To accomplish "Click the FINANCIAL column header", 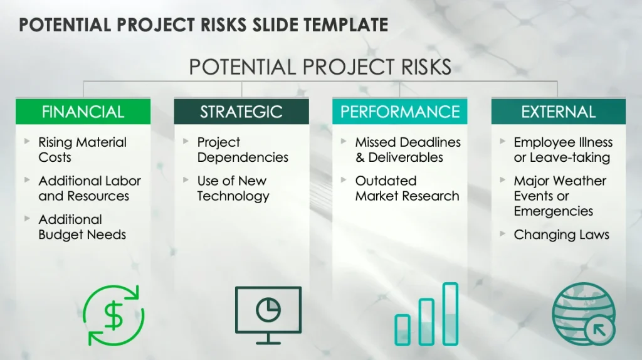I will [83, 112].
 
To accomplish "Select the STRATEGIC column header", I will [241, 112].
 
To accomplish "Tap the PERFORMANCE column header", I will [400, 112].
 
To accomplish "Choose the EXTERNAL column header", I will [558, 112].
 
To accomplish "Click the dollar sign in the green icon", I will [113, 315].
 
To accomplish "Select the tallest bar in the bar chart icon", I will [450, 314].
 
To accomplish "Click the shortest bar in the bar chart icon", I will [403, 329].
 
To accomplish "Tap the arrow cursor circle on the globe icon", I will [600, 329].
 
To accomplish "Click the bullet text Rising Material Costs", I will [82, 150].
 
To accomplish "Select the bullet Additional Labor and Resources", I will [89, 188].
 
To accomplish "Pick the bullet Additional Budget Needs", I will [82, 227].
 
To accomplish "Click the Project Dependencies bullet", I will [243, 150].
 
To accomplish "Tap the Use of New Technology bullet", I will [233, 188].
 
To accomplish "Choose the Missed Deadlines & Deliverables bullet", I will [408, 150].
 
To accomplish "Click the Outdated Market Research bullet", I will [407, 188].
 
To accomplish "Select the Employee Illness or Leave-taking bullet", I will [562, 150].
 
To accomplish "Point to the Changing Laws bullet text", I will [561, 235].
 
